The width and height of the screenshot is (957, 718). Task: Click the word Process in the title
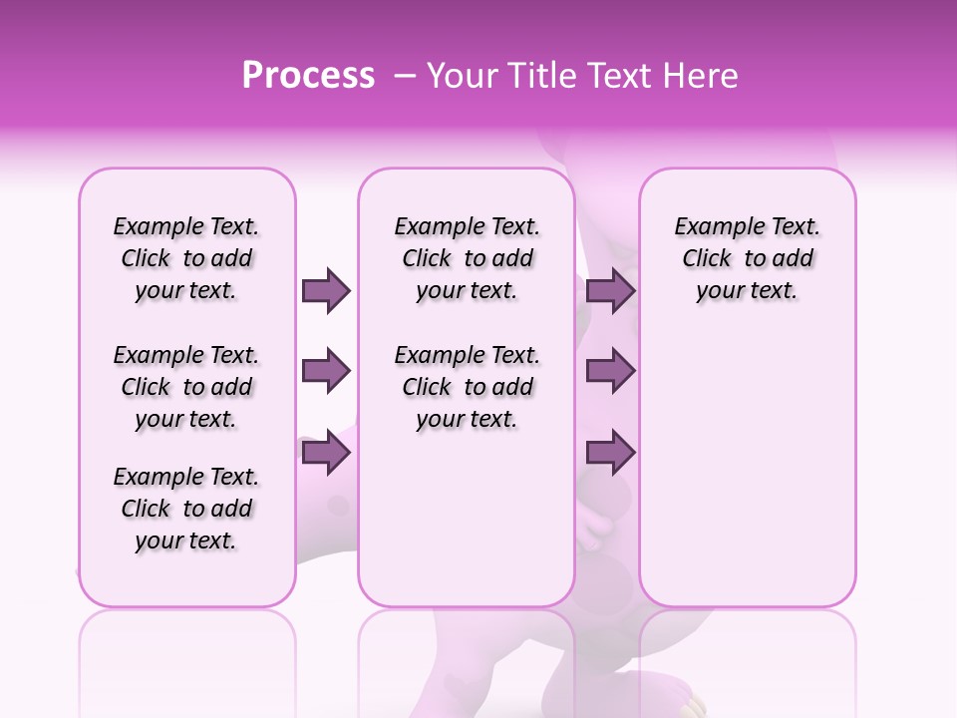308,76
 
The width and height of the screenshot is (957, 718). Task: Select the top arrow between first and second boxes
326,290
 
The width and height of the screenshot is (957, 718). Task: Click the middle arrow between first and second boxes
326,372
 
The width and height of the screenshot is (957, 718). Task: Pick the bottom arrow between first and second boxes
326,453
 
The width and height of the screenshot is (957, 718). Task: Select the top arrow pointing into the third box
610,290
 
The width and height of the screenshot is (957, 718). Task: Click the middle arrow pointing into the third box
610,372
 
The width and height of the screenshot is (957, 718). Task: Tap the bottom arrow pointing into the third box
610,453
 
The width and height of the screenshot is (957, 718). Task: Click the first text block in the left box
186,258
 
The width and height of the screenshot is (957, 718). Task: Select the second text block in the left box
186,387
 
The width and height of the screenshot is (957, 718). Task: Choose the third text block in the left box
186,509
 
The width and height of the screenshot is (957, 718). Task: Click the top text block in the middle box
467,258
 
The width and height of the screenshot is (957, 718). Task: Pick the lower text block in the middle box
467,387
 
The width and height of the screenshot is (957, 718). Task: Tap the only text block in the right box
747,258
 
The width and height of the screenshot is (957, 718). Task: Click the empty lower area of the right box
747,469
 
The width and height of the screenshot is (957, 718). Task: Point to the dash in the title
405,77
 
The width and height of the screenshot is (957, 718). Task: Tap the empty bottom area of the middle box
467,529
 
